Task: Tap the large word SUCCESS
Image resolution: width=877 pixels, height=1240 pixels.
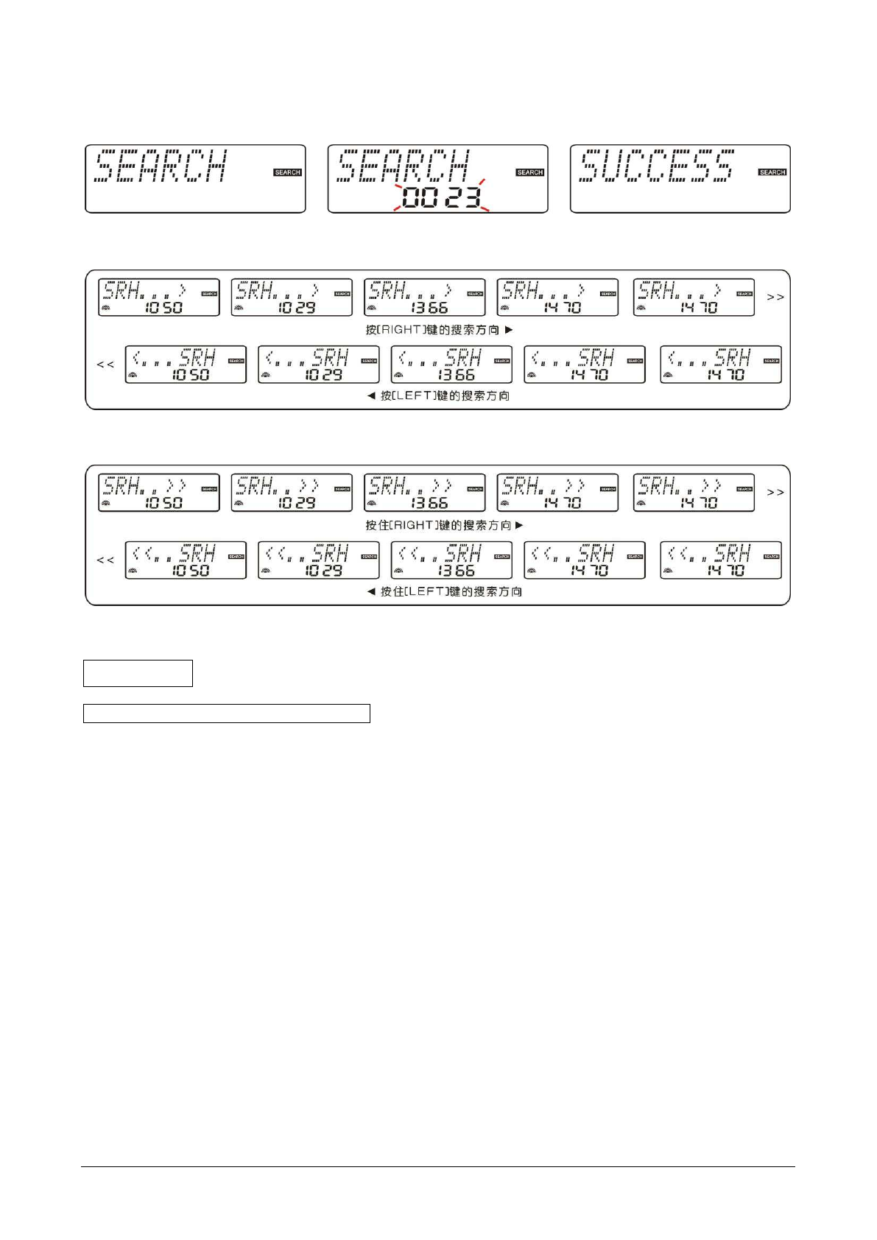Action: coord(656,166)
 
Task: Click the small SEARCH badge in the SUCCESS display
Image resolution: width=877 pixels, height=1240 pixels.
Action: coord(772,172)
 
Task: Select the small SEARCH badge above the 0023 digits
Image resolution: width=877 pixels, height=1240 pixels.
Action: coord(530,172)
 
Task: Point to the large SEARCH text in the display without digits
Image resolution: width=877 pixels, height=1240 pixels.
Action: coord(161,166)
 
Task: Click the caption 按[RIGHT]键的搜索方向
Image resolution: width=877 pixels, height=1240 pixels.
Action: coord(432,330)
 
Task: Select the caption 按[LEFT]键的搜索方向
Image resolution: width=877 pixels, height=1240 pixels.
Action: coord(445,396)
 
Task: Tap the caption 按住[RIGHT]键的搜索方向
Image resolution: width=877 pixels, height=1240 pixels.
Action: coord(438,526)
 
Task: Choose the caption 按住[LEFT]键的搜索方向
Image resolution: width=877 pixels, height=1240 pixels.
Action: coord(451,592)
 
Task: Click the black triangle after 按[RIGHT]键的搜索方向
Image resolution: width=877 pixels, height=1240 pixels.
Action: coord(509,330)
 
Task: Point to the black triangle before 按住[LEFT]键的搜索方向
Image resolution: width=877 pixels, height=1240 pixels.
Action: coord(371,592)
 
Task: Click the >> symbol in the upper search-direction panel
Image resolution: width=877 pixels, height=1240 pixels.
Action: coord(775,297)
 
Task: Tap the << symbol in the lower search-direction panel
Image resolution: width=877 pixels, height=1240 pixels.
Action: coord(105,560)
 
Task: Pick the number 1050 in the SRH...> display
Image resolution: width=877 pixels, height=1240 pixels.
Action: coord(163,308)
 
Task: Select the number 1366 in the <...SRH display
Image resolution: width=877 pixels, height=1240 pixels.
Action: coord(457,375)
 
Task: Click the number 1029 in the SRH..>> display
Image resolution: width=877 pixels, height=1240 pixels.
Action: coord(297,504)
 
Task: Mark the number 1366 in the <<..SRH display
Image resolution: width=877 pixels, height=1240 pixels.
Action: coord(457,571)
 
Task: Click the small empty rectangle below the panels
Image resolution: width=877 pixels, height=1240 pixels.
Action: coord(138,673)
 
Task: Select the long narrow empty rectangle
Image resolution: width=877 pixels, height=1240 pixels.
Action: coord(226,714)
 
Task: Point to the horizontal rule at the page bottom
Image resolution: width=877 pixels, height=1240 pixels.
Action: coord(438,1166)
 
